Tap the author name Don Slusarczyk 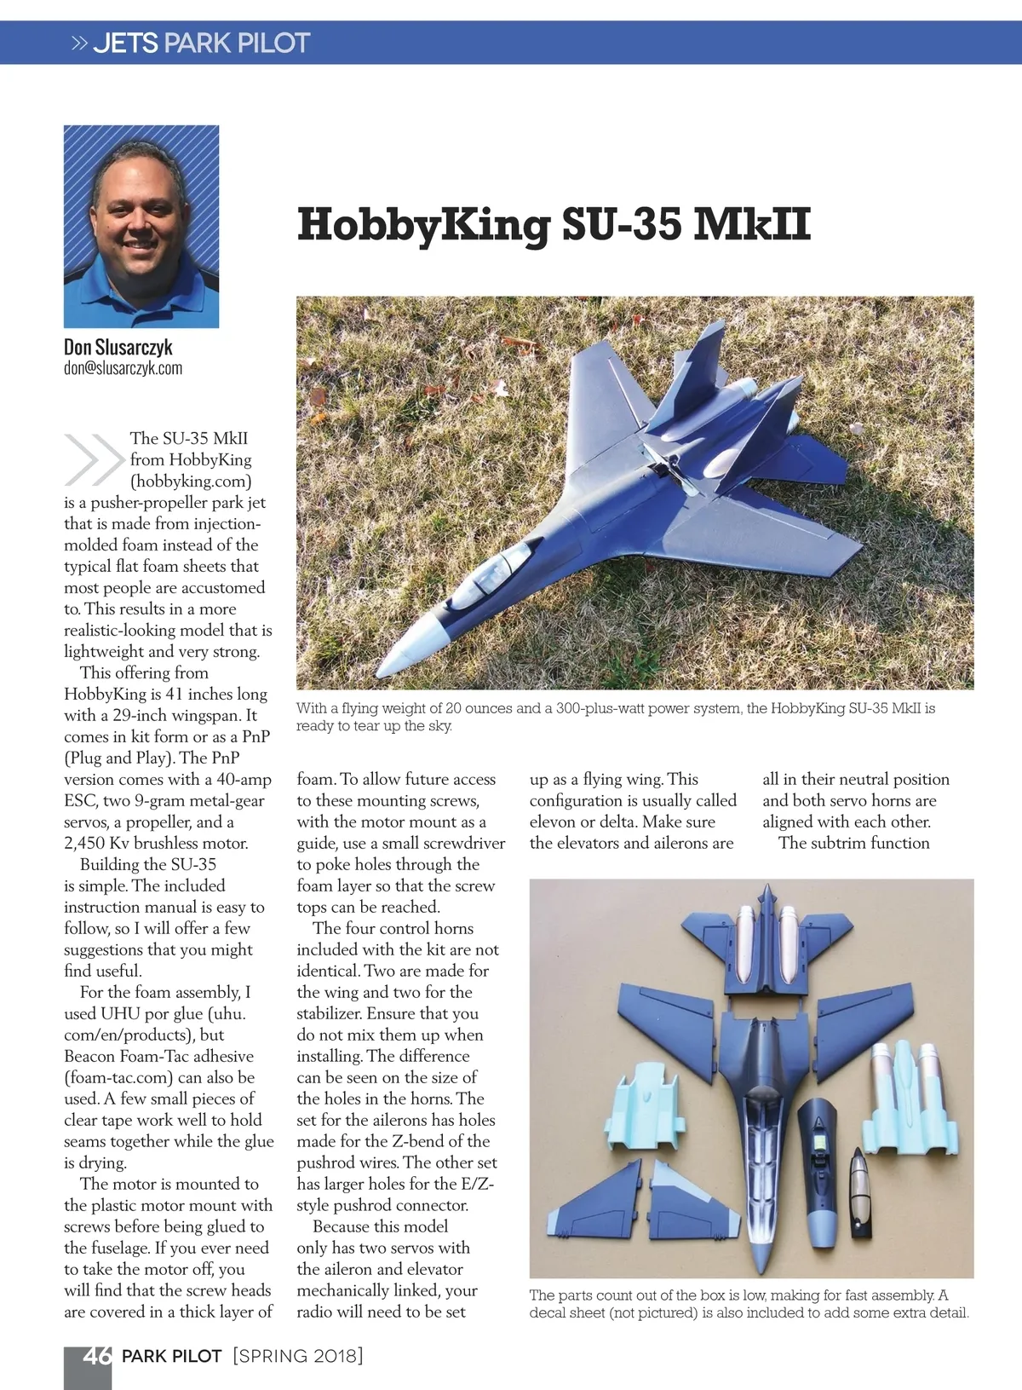click(118, 347)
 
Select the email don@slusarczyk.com click(123, 368)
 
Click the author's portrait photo click(141, 227)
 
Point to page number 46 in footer click(96, 1356)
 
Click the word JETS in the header click(125, 43)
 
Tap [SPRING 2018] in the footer click(298, 1356)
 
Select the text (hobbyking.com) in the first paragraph click(191, 481)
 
